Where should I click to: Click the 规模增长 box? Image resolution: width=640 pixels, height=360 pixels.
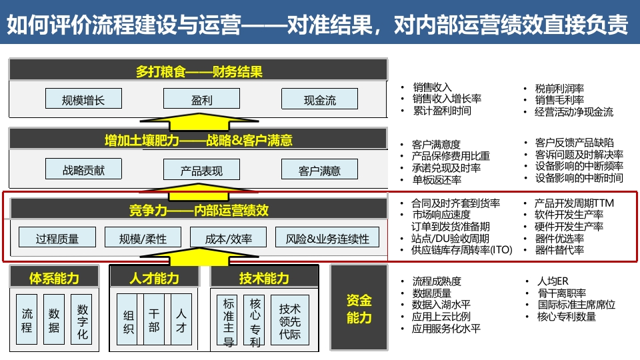tap(84, 99)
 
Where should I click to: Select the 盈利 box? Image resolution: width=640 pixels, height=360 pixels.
tap(201, 99)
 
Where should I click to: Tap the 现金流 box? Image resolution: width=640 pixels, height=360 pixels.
tap(319, 99)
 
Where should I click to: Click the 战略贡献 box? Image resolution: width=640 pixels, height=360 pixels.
tap(84, 169)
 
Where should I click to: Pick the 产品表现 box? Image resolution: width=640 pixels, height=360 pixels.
tap(201, 169)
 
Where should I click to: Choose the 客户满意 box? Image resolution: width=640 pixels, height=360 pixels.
tap(319, 169)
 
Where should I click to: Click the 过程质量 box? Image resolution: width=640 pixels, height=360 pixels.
tap(57, 237)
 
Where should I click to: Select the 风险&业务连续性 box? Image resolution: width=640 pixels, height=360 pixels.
tap(327, 237)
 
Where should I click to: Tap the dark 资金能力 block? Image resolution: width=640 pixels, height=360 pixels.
tap(359, 308)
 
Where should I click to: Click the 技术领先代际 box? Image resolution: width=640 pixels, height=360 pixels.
tap(290, 321)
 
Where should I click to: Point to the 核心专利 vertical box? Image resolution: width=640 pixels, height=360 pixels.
tap(255, 321)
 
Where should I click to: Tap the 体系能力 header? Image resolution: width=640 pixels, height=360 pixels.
tap(54, 277)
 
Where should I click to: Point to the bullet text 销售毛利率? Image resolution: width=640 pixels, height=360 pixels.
tap(559, 100)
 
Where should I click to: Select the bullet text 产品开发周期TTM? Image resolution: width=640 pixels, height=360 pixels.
tap(574, 203)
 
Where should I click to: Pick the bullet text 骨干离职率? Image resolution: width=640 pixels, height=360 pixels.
tap(561, 293)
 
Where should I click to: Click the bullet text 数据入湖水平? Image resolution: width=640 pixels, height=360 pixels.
tap(441, 305)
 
